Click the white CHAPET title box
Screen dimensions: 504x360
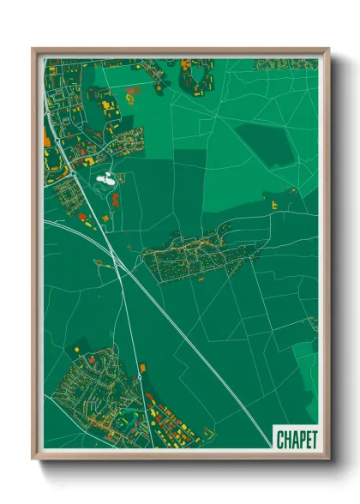(x=295, y=438)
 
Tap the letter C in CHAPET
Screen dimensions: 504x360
(x=280, y=439)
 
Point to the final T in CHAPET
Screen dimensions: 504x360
(x=311, y=439)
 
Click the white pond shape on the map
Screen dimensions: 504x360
(x=108, y=180)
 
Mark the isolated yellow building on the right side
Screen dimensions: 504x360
(x=274, y=206)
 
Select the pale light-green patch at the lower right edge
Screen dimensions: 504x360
(x=306, y=360)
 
